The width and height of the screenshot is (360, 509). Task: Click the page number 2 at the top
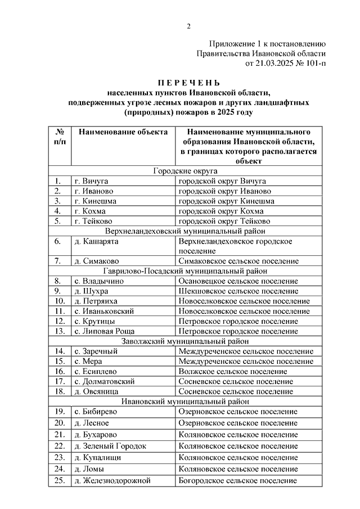pyautogui.click(x=189, y=26)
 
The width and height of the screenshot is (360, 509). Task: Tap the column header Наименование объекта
pyautogui.click(x=123, y=132)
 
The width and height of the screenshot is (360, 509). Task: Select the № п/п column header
pyautogui.click(x=60, y=137)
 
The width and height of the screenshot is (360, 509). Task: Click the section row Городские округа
pyautogui.click(x=185, y=171)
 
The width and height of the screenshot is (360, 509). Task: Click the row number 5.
pyautogui.click(x=58, y=221)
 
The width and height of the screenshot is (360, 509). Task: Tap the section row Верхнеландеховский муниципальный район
pyautogui.click(x=185, y=231)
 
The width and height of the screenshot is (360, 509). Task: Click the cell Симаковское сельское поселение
pyautogui.click(x=238, y=261)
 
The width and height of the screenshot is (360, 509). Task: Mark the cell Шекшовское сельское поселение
pyautogui.click(x=238, y=291)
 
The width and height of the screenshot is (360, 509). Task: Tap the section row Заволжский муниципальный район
pyautogui.click(x=185, y=341)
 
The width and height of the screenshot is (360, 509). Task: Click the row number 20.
pyautogui.click(x=60, y=422)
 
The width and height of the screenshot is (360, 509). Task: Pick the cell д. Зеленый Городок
pyautogui.click(x=110, y=445)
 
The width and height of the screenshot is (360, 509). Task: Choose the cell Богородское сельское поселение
pyautogui.click(x=237, y=480)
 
